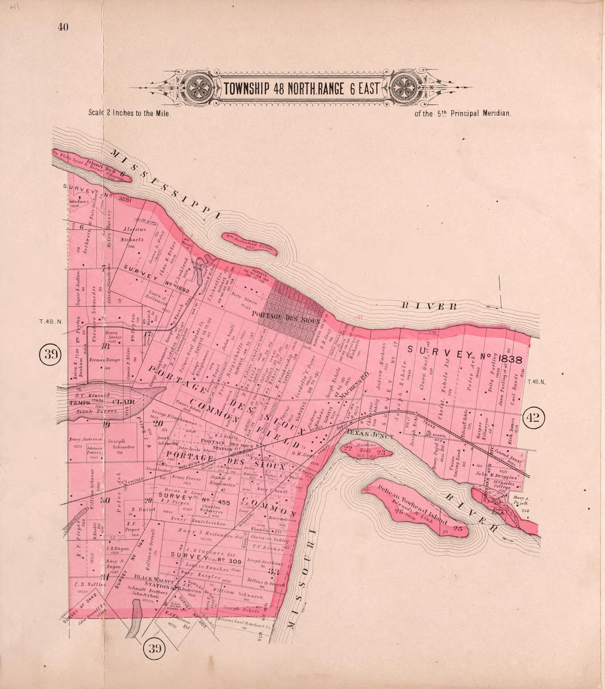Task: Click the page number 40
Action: click(62, 28)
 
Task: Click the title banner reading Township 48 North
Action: click(301, 88)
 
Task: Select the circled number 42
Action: click(533, 418)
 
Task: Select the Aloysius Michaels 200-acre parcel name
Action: click(134, 234)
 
